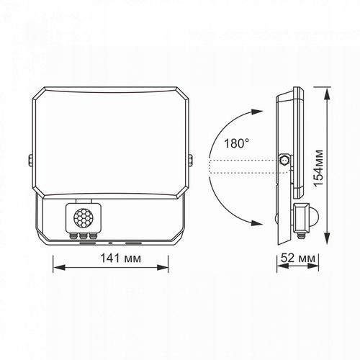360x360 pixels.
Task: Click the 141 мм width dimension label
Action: pos(120,258)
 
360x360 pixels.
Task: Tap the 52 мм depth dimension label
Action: pos(298,258)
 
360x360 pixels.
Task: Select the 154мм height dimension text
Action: pos(319,168)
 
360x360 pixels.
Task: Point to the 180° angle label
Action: pos(236,143)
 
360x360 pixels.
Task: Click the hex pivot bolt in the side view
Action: pos(285,160)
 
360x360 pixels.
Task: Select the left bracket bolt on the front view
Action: pos(30,160)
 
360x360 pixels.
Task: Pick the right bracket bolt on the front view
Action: pos(190,160)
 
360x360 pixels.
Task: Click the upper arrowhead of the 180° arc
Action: pos(257,112)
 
